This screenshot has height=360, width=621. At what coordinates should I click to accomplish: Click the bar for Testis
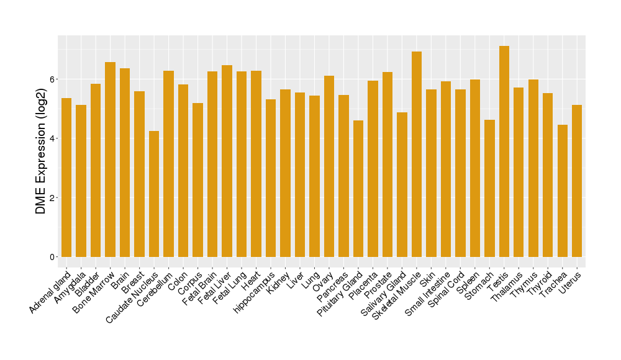(504, 151)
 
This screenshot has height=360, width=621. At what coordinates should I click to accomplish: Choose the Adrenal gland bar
(66, 178)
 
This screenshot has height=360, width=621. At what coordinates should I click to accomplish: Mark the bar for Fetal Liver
(227, 161)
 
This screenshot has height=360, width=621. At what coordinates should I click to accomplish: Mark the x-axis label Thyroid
(539, 284)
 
